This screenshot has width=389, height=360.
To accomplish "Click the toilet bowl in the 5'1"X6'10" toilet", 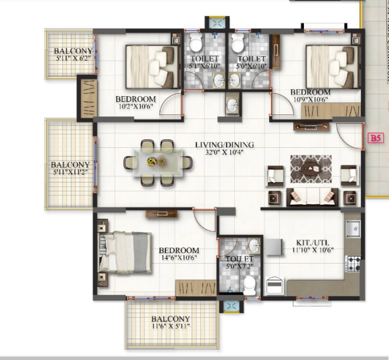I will (196, 45).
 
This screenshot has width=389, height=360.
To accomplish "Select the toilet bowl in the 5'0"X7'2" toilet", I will (248, 284).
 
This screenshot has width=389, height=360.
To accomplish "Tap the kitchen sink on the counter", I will (354, 229).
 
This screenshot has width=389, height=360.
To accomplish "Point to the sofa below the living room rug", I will (311, 197).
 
